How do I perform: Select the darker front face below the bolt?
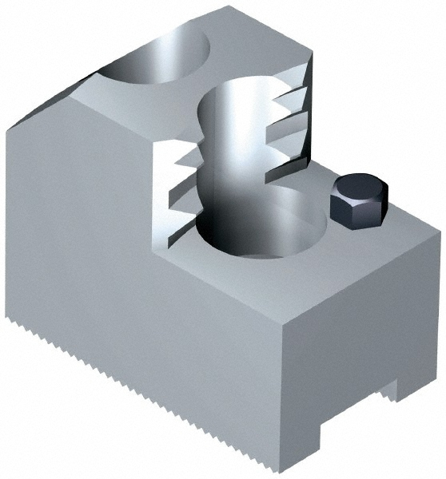[x=368, y=319]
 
